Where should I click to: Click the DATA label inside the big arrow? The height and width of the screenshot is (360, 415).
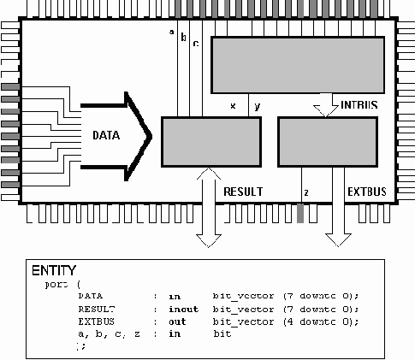(106, 135)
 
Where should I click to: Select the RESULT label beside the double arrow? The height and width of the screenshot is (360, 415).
(242, 191)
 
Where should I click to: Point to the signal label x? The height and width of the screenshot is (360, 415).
(233, 106)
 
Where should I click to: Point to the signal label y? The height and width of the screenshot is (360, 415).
(257, 106)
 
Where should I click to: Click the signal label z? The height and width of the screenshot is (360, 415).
(305, 193)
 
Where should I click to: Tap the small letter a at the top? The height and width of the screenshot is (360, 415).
(172, 33)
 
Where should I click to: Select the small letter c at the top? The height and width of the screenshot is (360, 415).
(195, 42)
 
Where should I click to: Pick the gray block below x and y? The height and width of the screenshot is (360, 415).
(210, 141)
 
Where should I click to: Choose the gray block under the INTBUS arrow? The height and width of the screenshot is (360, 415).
(328, 141)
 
